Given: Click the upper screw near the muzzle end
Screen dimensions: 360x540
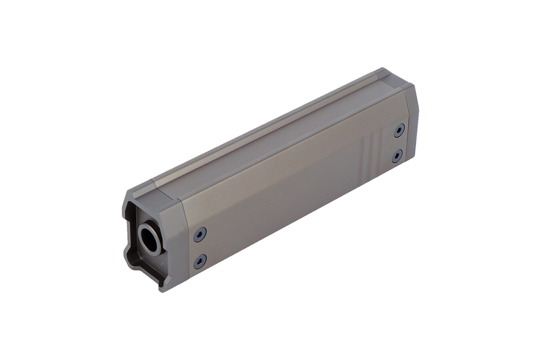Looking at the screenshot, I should (200, 233).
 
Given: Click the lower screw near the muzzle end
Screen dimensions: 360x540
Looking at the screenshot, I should (199, 260).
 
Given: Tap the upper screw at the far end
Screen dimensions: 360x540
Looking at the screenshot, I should (399, 130).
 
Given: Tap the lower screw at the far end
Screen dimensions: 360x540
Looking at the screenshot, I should (396, 156).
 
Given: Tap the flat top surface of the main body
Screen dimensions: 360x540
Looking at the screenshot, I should (270, 135).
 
